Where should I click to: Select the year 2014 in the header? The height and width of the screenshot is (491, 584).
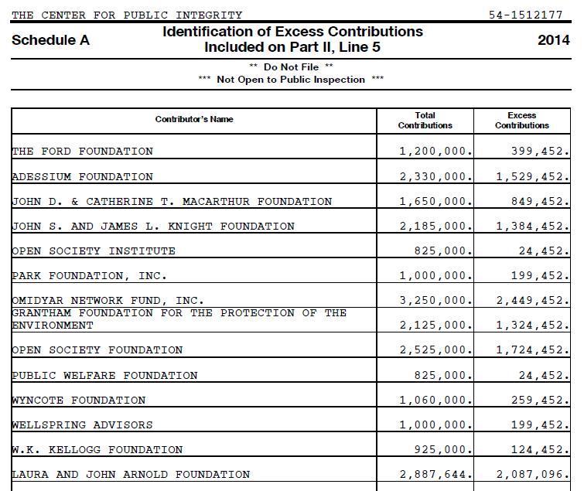tap(553, 40)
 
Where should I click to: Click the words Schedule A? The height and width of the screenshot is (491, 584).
tap(50, 40)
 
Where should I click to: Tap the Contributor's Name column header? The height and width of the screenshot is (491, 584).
tap(193, 119)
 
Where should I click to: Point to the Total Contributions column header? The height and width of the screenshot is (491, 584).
tap(425, 120)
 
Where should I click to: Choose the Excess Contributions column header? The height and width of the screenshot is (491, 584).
tap(522, 120)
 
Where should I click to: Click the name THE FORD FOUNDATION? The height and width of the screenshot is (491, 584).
tap(83, 152)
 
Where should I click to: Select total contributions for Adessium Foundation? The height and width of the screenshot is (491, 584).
tap(435, 177)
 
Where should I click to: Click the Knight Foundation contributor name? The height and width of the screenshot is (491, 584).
tap(153, 227)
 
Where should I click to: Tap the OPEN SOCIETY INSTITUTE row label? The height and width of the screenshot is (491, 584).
tap(94, 251)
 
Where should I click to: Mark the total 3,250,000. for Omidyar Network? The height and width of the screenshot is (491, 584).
tap(435, 301)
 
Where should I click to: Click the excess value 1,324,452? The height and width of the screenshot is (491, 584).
tap(532, 326)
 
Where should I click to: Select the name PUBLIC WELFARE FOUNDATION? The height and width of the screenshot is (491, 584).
tap(104, 376)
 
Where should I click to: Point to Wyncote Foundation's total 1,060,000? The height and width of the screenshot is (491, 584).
tap(435, 401)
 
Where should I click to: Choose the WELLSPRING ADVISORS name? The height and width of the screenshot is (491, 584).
tap(82, 425)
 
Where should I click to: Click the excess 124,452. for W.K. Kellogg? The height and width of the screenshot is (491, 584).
tap(540, 450)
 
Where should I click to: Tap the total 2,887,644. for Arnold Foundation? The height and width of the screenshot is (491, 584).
tap(435, 475)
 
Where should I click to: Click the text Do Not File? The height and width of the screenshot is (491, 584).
tap(291, 67)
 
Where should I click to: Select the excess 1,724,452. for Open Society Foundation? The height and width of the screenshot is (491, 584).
tap(532, 350)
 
